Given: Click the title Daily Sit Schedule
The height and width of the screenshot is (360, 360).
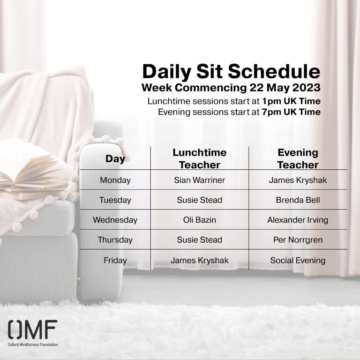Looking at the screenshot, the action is (231, 71).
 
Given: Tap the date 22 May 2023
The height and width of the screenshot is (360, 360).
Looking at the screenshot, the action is (285, 88).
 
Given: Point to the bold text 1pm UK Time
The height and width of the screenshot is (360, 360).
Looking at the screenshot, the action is (292, 101).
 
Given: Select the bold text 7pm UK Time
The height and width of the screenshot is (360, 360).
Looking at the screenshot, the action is (291, 112).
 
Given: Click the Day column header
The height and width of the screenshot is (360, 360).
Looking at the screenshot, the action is (115, 158).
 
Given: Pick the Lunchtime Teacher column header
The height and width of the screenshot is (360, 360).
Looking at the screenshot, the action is (200, 158).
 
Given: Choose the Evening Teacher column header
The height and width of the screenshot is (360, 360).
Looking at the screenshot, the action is (298, 158).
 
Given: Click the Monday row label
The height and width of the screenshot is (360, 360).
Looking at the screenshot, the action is (115, 180).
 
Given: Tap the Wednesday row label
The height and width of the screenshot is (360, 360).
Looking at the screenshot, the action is (115, 220).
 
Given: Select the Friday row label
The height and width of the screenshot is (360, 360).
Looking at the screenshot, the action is (115, 260).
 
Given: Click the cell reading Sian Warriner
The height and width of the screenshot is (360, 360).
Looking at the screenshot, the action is (200, 180).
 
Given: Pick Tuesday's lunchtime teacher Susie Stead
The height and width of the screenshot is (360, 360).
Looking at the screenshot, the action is (200, 200).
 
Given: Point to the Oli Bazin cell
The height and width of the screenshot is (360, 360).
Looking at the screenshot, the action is (200, 220).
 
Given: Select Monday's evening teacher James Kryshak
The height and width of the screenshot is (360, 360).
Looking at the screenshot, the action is (298, 180).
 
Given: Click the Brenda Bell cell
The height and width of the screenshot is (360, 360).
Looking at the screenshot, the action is (298, 200).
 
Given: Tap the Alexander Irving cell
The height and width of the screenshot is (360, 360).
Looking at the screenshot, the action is (298, 220).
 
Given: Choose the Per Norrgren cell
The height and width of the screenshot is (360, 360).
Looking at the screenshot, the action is (298, 240).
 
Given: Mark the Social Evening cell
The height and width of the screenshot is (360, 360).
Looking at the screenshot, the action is (298, 260).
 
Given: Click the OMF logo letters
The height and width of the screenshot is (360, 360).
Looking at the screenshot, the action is (33, 330).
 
